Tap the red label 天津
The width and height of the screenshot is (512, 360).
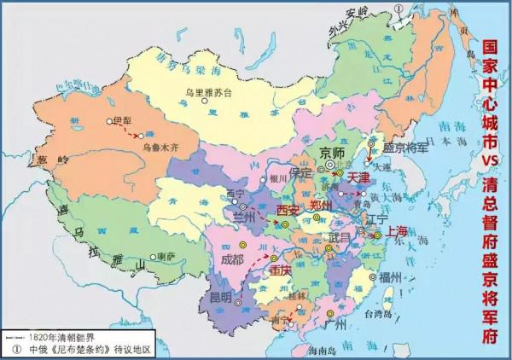[358, 177]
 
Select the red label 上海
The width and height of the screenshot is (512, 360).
[399, 230]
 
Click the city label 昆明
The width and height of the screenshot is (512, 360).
[219, 298]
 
